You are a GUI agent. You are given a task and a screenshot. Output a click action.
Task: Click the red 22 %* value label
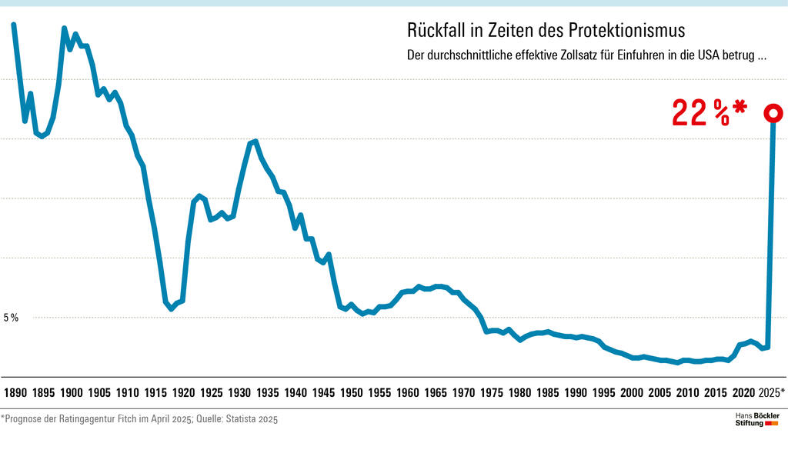coord(709,114)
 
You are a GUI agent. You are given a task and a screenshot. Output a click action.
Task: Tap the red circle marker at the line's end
coord(773,114)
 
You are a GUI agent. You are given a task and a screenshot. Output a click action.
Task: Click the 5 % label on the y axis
coord(11,318)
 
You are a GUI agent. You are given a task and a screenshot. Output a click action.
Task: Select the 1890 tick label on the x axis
coord(15,393)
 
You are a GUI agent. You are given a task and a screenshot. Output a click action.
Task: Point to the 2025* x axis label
coord(771,393)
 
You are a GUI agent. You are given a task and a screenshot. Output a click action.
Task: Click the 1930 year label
coord(239,393)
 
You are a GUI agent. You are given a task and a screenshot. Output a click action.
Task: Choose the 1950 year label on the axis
coord(352,393)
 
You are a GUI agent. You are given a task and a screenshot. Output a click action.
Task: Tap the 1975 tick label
coord(492,393)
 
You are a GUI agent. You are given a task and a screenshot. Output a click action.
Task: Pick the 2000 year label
coord(632,393)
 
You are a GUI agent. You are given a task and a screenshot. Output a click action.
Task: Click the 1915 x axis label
coord(155,393)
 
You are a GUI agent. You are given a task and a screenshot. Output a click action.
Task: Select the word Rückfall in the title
coord(434,31)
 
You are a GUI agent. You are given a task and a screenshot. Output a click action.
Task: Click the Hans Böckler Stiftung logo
coord(757,420)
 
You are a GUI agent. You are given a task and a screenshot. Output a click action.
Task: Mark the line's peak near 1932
coord(255,141)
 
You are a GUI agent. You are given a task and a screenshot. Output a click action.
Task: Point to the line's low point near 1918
coord(171,309)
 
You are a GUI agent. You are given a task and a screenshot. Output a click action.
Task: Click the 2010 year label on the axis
coord(688,393)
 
